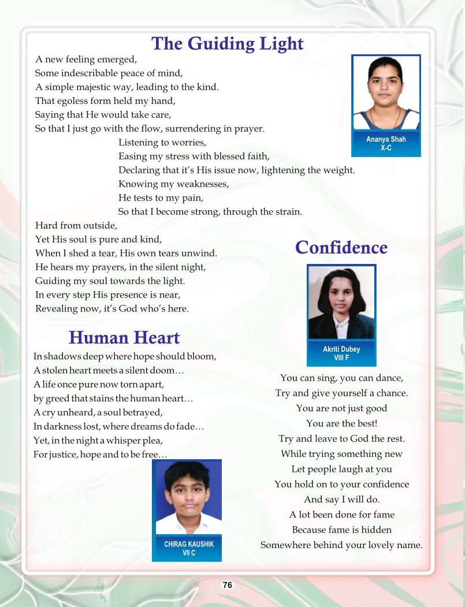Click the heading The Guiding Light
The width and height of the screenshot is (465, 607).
tap(227, 44)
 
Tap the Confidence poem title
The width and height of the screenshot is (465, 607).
tap(341, 248)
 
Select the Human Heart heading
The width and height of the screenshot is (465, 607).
tap(124, 337)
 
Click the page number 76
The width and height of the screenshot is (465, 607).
tap(228, 585)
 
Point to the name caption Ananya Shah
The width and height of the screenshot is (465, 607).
tap(386, 140)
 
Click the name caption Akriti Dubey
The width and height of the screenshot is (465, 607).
tap(341, 349)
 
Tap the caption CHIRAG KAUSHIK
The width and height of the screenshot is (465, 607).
tap(187, 544)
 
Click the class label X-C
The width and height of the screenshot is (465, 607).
tap(386, 148)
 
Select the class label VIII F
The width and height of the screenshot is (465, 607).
tap(341, 358)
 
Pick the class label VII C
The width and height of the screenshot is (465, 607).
tap(187, 553)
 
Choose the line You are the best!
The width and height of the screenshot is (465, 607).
tap(341, 423)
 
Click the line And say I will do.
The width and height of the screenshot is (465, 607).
tap(341, 500)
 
